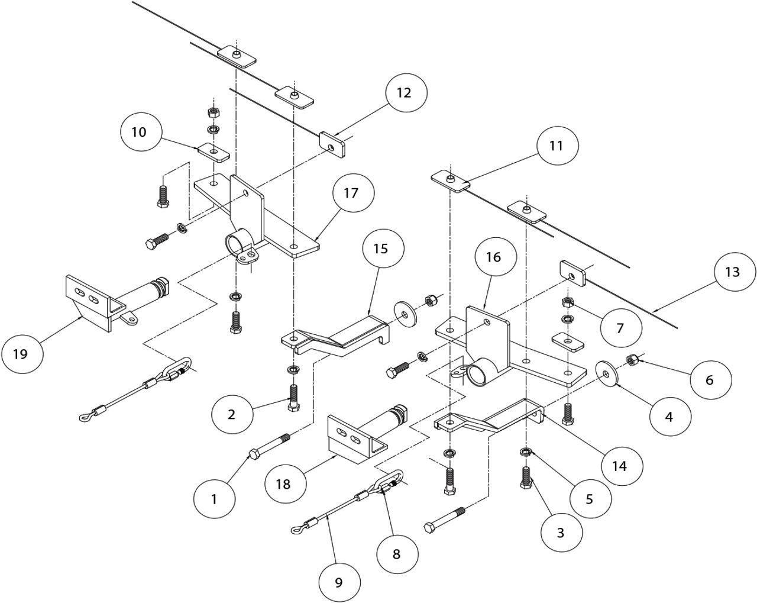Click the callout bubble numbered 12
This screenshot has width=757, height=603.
(406, 93)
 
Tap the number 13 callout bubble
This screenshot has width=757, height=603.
(735, 272)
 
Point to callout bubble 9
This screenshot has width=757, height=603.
(340, 582)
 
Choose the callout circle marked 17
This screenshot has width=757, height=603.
(354, 192)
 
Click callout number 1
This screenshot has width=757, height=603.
(215, 499)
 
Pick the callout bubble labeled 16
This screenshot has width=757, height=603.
(496, 257)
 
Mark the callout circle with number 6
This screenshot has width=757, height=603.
(711, 380)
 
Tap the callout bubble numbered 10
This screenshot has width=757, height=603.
(141, 132)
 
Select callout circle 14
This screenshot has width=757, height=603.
(622, 466)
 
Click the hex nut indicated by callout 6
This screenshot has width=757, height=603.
(630, 360)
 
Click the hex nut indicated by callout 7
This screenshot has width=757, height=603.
(568, 302)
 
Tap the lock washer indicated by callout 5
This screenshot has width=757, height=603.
(526, 452)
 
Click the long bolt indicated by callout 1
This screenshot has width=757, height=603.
(270, 446)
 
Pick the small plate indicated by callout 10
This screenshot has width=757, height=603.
(213, 153)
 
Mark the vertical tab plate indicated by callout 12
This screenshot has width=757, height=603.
(332, 143)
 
